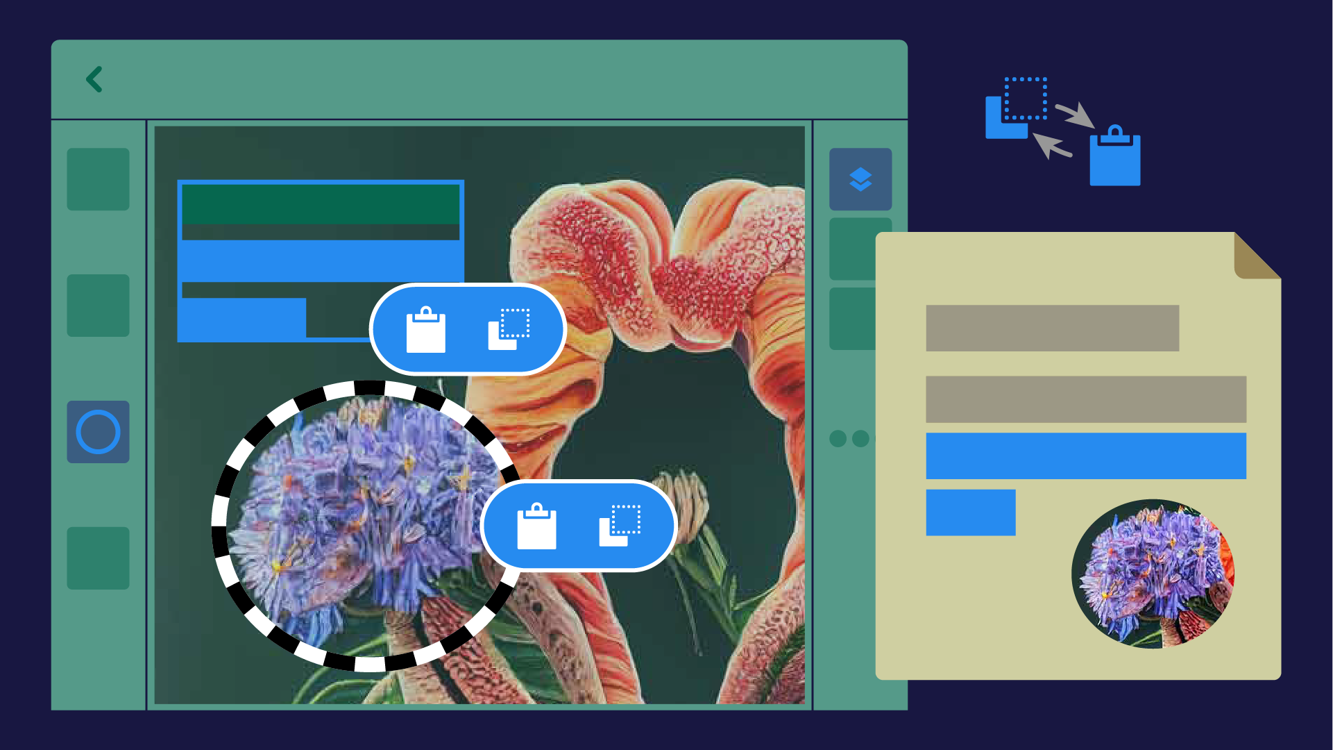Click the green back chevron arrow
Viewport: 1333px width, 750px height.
point(94,79)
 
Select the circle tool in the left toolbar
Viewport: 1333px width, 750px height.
point(98,432)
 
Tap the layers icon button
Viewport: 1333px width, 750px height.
point(860,179)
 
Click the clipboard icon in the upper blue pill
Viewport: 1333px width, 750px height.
point(425,330)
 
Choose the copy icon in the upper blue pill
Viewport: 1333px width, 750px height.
point(509,329)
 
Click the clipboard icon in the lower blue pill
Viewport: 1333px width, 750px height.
point(536,526)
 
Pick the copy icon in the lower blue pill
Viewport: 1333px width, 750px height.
point(620,526)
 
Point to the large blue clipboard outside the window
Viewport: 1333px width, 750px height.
point(1114,157)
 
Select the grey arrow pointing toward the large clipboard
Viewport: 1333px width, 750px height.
point(1074,115)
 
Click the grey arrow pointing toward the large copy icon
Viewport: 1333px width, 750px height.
point(1052,145)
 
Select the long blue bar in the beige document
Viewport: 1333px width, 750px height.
point(1085,456)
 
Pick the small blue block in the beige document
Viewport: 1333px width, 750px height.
point(970,512)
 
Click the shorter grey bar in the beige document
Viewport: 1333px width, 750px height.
point(1052,328)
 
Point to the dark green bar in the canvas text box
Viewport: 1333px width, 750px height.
point(320,204)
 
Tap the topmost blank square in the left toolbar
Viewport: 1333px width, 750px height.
point(98,179)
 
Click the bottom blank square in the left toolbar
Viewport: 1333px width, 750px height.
point(98,558)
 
